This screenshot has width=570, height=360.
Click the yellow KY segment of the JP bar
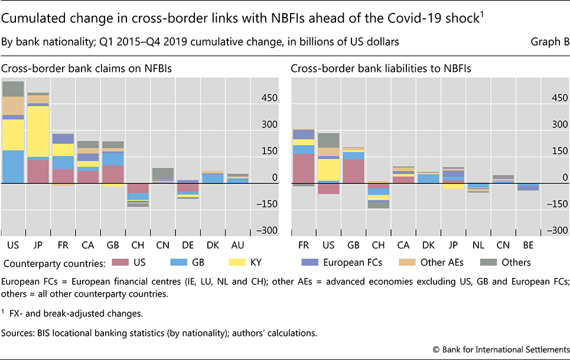(x=38, y=131)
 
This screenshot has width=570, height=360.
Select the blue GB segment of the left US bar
(x=12, y=166)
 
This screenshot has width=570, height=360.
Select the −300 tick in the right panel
(x=557, y=231)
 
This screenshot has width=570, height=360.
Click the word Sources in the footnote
(x=18, y=333)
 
